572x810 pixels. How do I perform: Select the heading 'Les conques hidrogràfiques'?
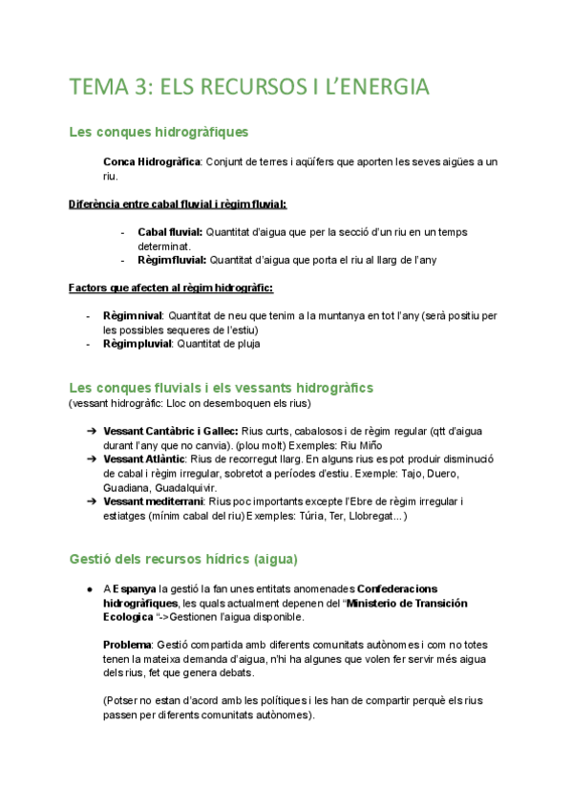[x=159, y=133]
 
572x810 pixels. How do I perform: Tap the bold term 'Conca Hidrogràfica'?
[x=151, y=162]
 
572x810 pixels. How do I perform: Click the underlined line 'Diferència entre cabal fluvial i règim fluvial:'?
[x=178, y=203]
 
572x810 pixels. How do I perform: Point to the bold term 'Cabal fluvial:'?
[x=170, y=232]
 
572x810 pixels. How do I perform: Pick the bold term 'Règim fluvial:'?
[x=171, y=260]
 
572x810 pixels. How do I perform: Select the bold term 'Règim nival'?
[x=133, y=315]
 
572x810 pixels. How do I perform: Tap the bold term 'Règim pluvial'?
[x=137, y=344]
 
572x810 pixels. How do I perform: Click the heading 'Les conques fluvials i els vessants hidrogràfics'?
[x=221, y=387]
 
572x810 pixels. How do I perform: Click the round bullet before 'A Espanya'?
[x=89, y=589]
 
